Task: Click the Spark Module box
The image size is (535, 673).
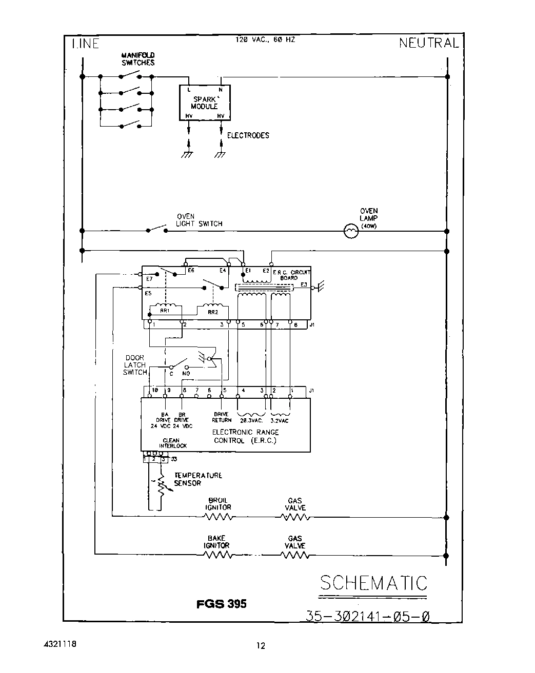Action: (205, 103)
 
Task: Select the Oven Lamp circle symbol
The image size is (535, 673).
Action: (351, 232)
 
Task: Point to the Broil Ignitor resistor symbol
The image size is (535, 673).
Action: (219, 517)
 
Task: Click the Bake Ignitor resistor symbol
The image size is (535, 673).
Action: (217, 555)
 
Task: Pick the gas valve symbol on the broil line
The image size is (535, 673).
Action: (295, 517)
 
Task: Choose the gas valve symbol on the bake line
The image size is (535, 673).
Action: (295, 555)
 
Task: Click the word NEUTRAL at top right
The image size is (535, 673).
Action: (428, 44)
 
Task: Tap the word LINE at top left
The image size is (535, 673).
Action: (85, 44)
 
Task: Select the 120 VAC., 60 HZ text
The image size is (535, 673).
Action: (265, 39)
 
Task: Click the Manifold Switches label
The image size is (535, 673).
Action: (137, 59)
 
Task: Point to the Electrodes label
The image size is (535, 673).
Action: (248, 136)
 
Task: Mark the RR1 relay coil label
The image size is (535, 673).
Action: (165, 311)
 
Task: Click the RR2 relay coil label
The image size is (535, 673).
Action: (212, 312)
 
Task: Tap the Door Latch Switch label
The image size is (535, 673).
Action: (135, 365)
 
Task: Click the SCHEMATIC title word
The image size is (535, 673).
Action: (373, 583)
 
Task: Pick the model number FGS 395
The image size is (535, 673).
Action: (222, 604)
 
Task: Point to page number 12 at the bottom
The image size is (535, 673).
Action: (261, 646)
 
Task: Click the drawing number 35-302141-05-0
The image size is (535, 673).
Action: (367, 616)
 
